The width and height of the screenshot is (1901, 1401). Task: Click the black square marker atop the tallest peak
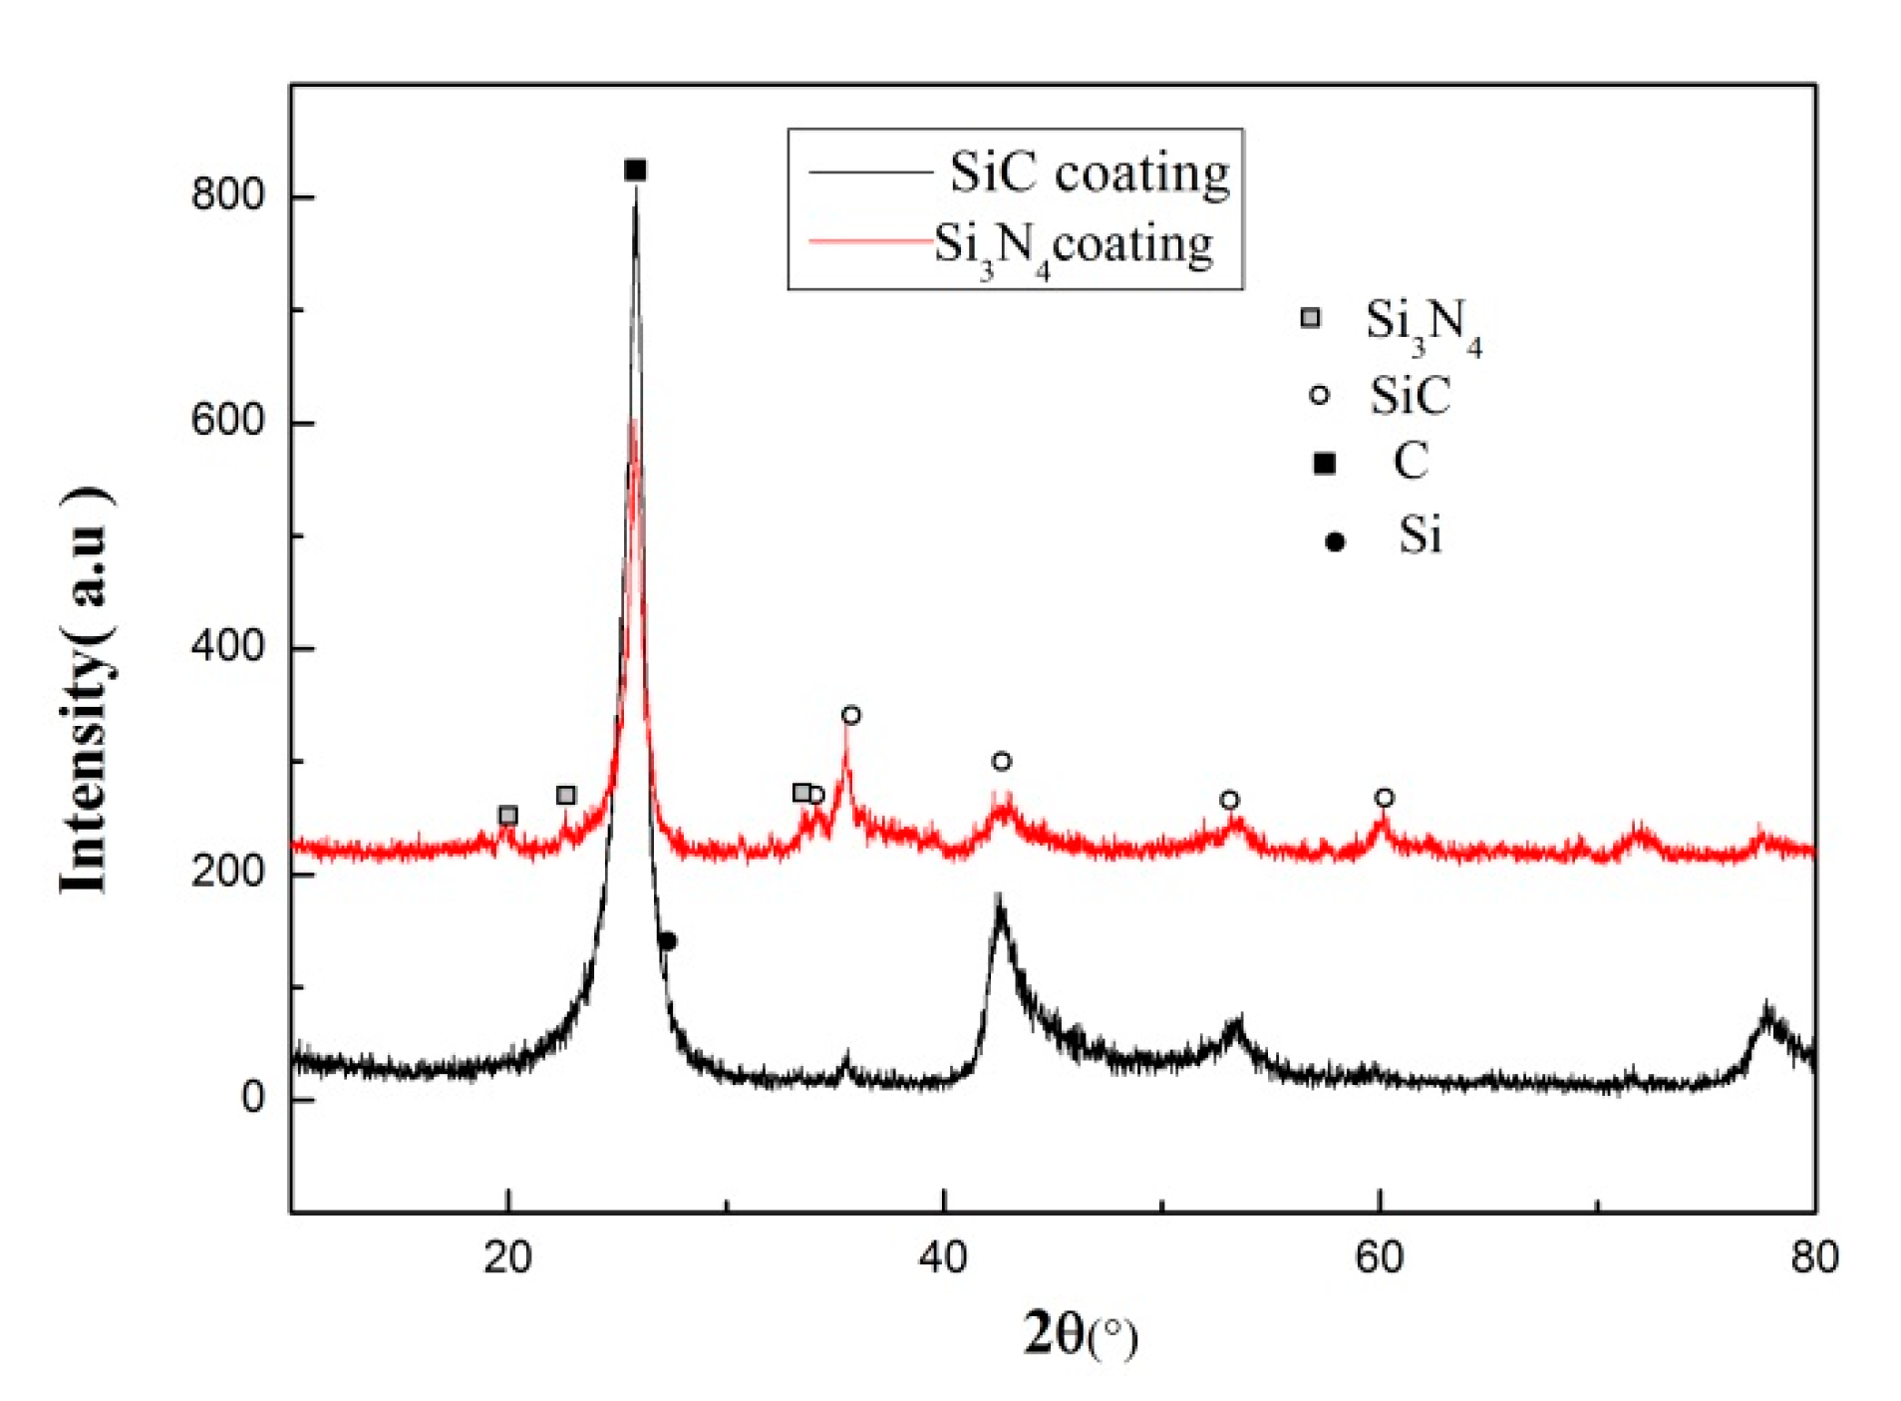(635, 171)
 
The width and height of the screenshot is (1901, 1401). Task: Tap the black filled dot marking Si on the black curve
(668, 941)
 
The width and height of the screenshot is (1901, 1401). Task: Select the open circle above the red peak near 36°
(850, 715)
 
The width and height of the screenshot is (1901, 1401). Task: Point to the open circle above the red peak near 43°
(1002, 762)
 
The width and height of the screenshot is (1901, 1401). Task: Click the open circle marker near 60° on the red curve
(1385, 798)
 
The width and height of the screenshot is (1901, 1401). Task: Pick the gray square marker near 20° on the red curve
(507, 816)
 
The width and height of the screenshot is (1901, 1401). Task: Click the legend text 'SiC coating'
(1089, 174)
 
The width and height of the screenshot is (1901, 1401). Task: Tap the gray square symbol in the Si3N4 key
(1311, 318)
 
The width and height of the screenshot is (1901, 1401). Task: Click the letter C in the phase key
(1411, 462)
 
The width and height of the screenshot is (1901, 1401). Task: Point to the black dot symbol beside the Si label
(1335, 541)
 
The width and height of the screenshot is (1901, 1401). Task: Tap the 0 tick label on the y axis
(252, 1098)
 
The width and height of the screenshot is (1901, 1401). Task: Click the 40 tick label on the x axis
(943, 1257)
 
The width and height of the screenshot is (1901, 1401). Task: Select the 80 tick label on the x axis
(1814, 1257)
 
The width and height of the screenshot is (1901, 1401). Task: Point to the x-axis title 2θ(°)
(1080, 1334)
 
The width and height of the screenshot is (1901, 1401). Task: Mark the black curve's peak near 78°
(1767, 1009)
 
